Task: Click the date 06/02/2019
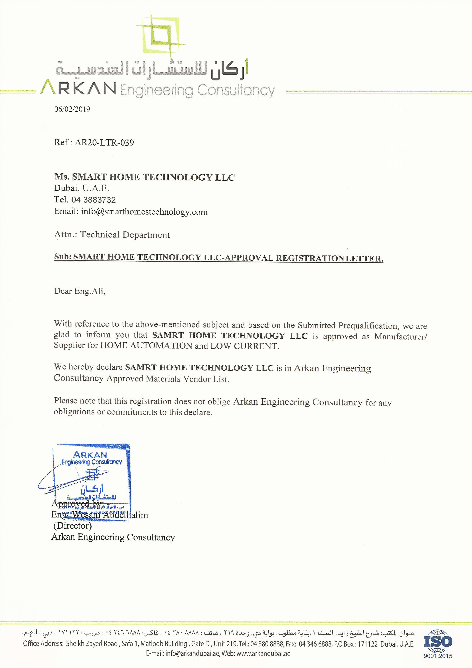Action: [72, 109]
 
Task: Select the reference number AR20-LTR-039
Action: [104, 142]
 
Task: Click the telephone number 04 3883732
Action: [93, 200]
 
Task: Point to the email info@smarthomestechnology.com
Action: [144, 212]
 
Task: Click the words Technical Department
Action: [125, 235]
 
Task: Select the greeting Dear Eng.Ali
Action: [80, 291]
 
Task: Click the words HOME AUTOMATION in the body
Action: [146, 346]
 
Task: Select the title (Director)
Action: [73, 526]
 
